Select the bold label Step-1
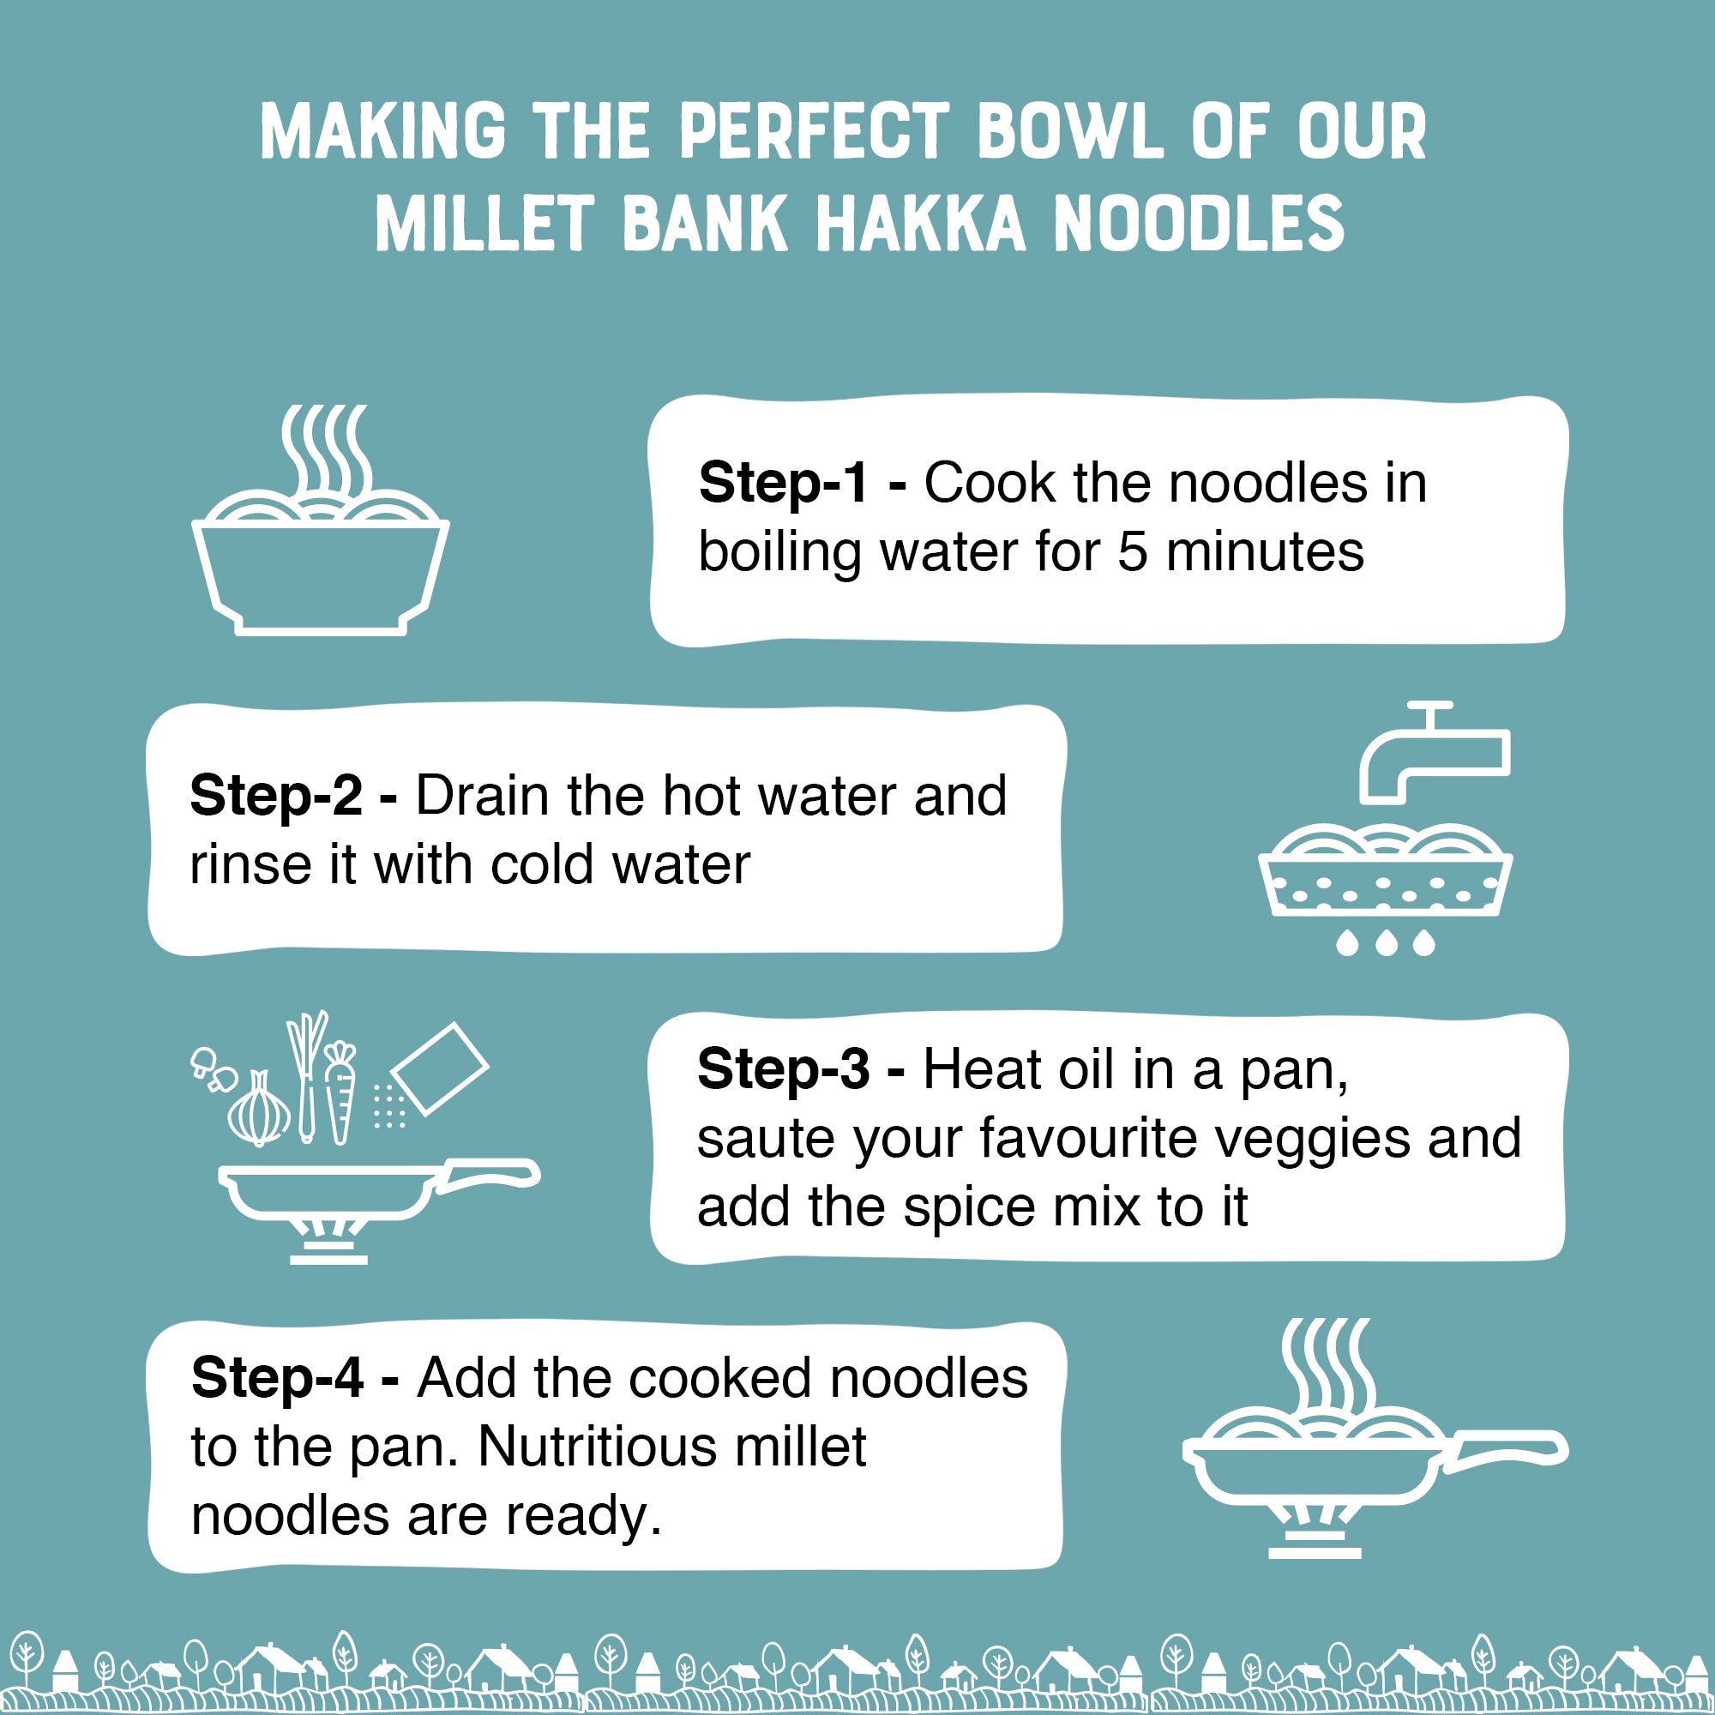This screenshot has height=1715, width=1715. pos(782,484)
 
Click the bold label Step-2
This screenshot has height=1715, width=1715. pos(275,796)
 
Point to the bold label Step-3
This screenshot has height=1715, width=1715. pos(782,1068)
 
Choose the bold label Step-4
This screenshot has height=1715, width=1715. pos(276,1379)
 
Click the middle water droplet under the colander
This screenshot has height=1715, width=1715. pos(1386,943)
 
